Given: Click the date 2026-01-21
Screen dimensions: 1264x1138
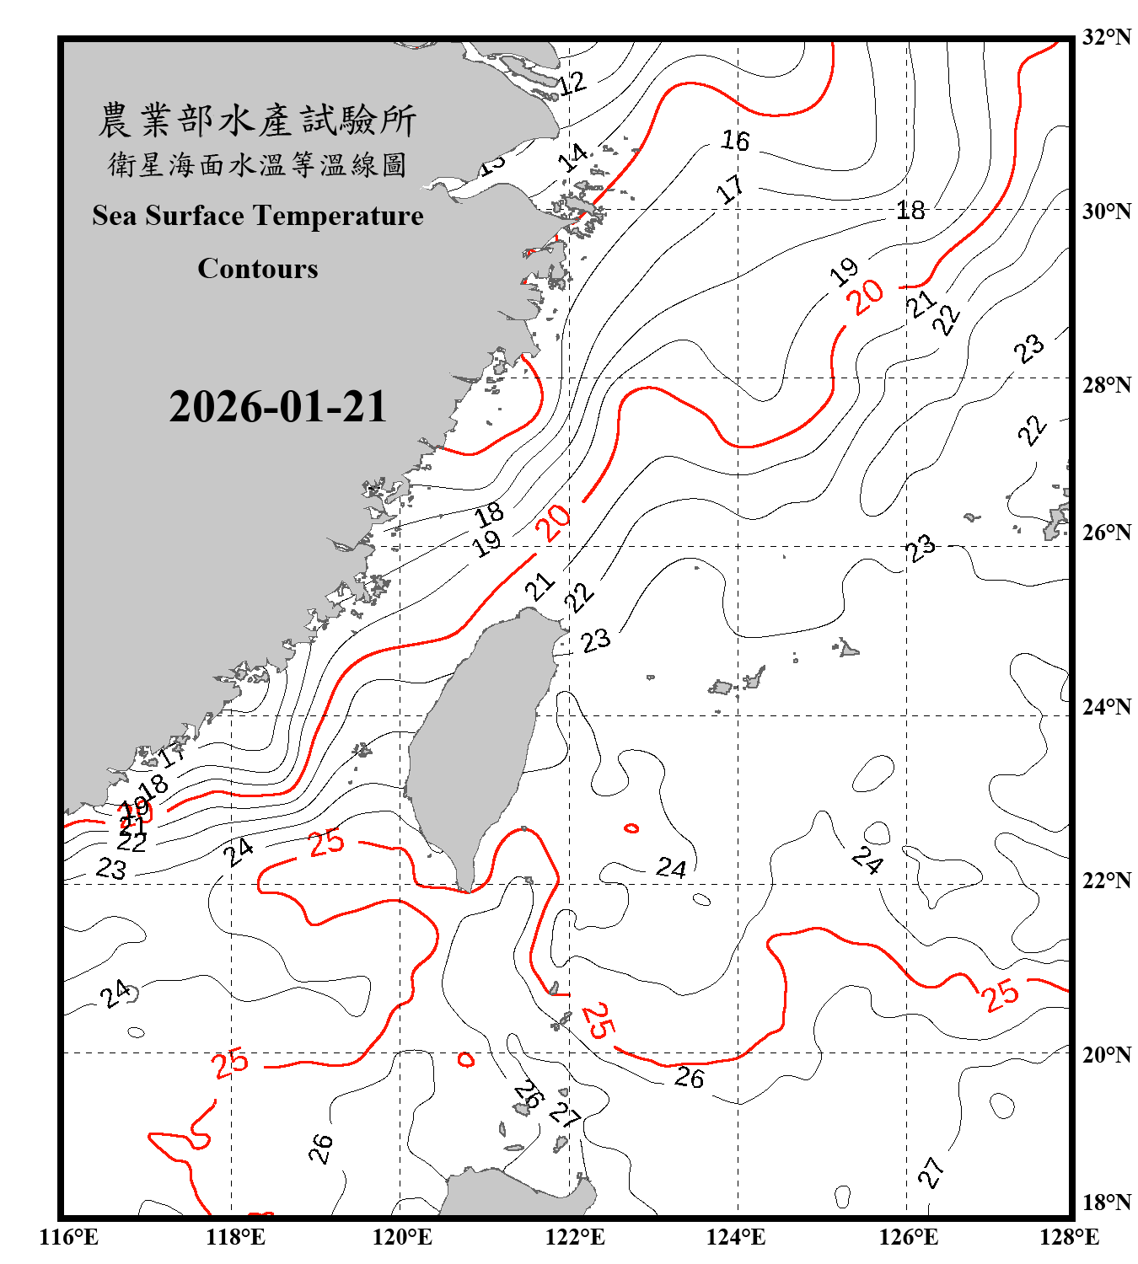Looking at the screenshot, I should tap(277, 407).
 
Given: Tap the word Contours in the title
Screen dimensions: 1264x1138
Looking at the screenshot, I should tap(257, 268).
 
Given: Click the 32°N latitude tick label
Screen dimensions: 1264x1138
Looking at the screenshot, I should tap(1106, 37).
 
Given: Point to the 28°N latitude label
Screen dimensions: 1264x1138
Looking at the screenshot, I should tap(1106, 385).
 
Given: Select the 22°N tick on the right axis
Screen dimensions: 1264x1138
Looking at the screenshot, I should tap(1106, 881).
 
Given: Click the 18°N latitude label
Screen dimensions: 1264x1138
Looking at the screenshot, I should tap(1106, 1202).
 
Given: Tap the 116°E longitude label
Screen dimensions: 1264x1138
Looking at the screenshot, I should tap(69, 1237).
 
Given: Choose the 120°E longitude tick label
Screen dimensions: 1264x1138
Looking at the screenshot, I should tap(402, 1237).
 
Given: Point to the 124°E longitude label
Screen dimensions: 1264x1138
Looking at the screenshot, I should tap(736, 1237).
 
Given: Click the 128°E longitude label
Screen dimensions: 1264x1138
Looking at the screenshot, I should tap(1069, 1237).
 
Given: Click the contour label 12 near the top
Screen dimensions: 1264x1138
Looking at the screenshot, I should tap(572, 83).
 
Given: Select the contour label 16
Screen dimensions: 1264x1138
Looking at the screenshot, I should tap(735, 140).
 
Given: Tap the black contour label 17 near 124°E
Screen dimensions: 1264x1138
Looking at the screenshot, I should tap(730, 189).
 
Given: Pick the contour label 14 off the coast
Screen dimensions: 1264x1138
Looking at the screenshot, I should tap(574, 157).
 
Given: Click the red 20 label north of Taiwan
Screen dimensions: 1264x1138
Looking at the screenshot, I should tap(556, 522).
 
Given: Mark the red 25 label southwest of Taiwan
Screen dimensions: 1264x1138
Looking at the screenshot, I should tap(326, 842).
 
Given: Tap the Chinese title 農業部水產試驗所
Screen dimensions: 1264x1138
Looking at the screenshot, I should tap(257, 121).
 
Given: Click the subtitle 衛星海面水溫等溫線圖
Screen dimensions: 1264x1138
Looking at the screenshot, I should tap(257, 164).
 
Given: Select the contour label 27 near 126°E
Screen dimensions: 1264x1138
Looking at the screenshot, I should tap(931, 1172).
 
